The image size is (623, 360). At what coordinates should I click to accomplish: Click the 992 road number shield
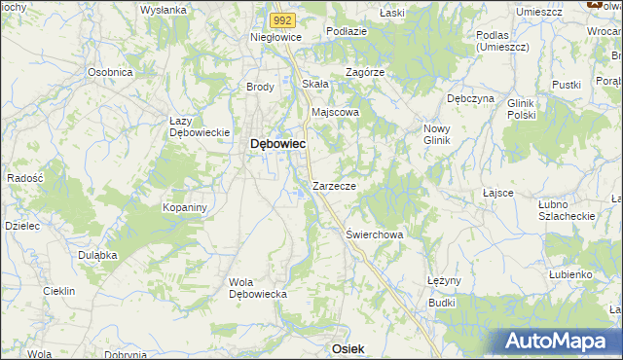281,19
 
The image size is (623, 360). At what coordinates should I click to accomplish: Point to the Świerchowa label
375,234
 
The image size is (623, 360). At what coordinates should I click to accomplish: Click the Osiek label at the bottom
348,348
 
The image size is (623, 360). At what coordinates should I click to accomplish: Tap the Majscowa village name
335,112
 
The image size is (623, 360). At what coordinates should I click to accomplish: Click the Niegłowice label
276,37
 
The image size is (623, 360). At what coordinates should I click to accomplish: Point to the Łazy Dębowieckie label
198,126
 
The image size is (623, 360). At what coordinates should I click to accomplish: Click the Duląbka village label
97,254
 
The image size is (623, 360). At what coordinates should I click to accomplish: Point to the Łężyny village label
443,280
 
